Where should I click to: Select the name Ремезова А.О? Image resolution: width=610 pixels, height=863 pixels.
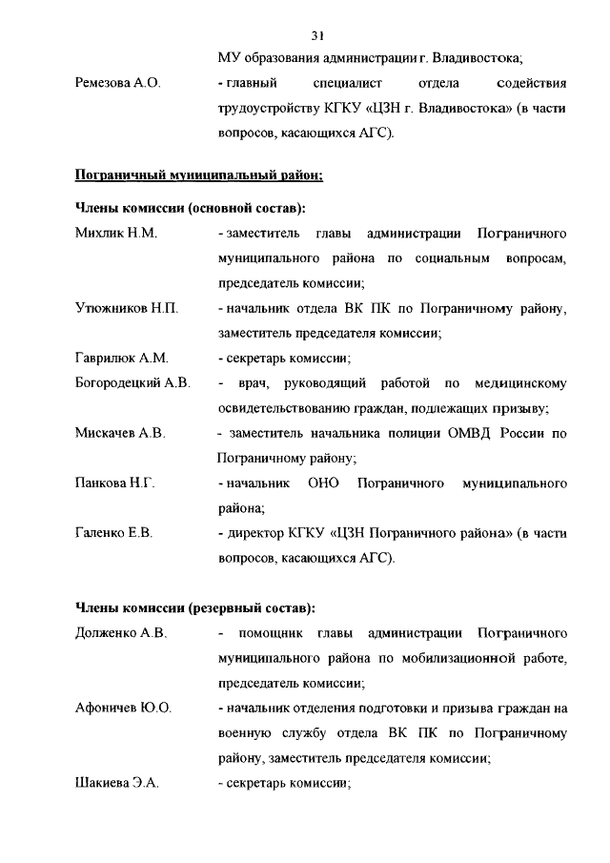point(117,83)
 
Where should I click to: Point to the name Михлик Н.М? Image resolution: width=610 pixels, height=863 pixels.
point(115,233)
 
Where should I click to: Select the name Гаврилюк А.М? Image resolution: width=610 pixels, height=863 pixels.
point(121,358)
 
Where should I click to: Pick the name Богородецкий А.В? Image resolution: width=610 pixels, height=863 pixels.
point(132,382)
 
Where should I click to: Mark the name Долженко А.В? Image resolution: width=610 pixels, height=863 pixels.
point(121,633)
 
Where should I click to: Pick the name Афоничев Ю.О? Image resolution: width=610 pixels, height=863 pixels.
point(123,709)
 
